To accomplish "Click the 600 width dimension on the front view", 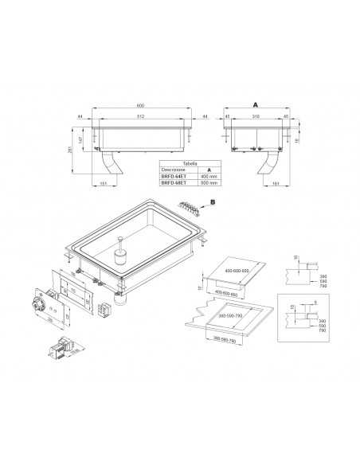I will [x=140, y=105].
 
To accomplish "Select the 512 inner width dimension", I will [x=140, y=118].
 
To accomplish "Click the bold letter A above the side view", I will [x=255, y=104].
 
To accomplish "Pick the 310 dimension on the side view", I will [x=255, y=118].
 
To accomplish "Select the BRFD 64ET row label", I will [x=170, y=176].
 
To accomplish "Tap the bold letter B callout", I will [x=213, y=202].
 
